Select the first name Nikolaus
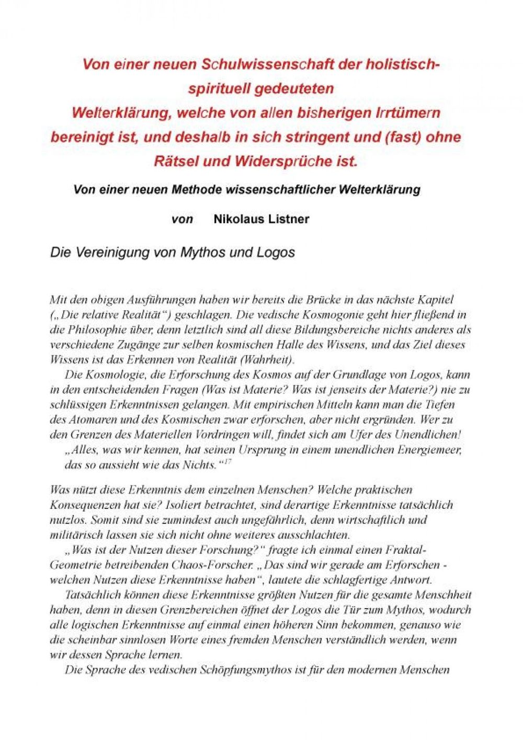tap(239, 219)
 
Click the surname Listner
tap(289, 219)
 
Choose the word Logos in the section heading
tap(276, 253)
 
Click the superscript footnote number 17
tap(228, 462)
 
